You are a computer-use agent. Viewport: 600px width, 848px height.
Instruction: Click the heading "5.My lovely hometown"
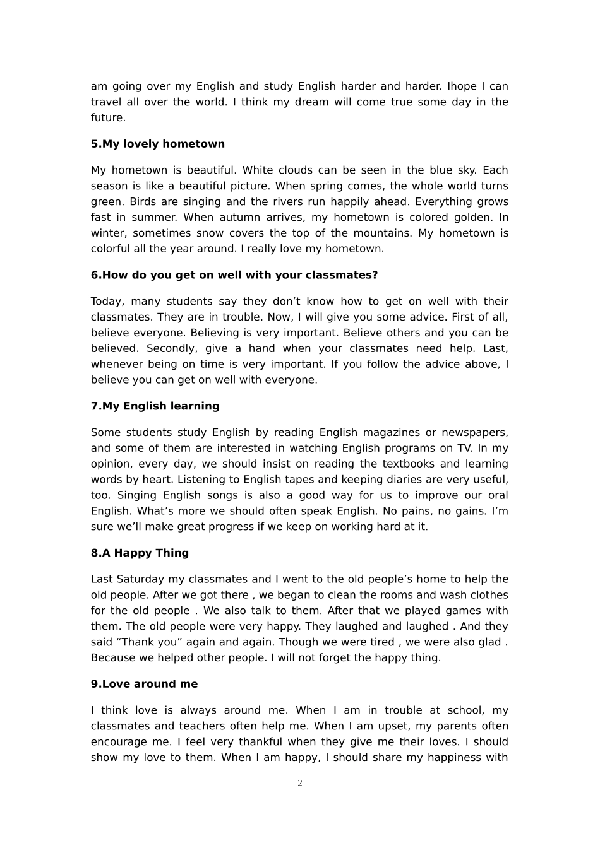coord(158,144)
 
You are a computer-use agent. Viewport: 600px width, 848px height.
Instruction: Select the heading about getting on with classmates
coord(234,275)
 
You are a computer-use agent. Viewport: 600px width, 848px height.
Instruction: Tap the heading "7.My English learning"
coord(155,406)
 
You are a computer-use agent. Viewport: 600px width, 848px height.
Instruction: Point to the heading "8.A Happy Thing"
coord(140,553)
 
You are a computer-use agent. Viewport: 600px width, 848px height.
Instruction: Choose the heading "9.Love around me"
coord(144,684)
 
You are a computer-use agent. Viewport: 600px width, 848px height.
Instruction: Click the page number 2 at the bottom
coord(300,783)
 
